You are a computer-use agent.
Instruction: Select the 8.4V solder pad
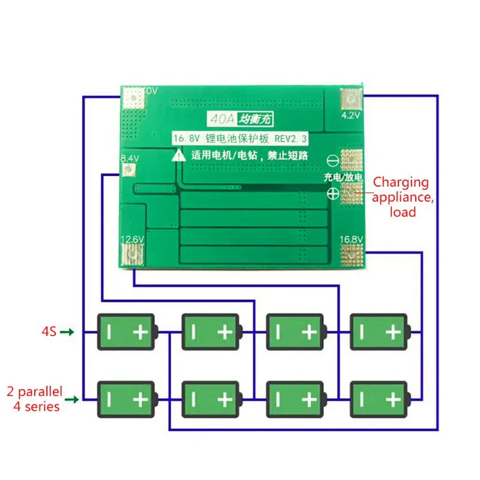[127, 171]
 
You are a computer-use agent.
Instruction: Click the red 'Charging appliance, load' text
[401, 197]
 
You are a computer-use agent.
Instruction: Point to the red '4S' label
[49, 331]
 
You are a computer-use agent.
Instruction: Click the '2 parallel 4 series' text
[35, 399]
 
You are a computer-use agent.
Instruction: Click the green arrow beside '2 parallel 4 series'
[71, 399]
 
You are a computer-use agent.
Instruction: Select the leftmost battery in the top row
[127, 332]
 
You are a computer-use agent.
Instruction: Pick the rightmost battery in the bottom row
[380, 399]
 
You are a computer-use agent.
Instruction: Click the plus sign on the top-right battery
[393, 332]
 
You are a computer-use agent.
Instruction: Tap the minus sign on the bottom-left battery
[110, 399]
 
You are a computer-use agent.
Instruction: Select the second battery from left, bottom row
[211, 399]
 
